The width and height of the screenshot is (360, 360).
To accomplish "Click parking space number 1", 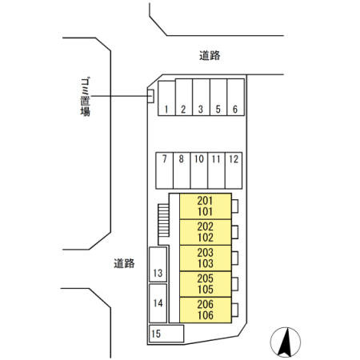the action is pyautogui.click(x=166, y=98).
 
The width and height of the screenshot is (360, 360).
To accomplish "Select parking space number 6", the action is pyautogui.click(x=236, y=97).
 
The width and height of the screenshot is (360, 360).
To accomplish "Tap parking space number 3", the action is pyautogui.click(x=202, y=97).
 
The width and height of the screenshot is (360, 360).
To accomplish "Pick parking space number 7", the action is pyautogui.click(x=165, y=170).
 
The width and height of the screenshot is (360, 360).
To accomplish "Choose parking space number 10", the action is pyautogui.click(x=199, y=170).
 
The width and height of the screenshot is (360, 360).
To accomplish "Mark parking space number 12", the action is pyautogui.click(x=234, y=170).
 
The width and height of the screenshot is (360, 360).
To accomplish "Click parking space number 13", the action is pyautogui.click(x=158, y=264).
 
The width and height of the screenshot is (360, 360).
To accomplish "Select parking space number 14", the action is pyautogui.click(x=158, y=303).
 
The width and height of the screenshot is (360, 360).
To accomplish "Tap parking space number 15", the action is pyautogui.click(x=166, y=334).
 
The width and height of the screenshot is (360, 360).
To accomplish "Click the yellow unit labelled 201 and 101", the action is pyautogui.click(x=206, y=206).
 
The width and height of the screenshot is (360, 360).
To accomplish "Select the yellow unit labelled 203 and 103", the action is pyautogui.click(x=206, y=258).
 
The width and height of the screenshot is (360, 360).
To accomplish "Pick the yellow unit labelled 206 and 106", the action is pyautogui.click(x=206, y=310).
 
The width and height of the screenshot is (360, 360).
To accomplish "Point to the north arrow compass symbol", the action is pyautogui.click(x=286, y=342).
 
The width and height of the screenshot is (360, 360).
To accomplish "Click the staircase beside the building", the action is pyautogui.click(x=163, y=221).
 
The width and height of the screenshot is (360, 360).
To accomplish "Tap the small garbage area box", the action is pyautogui.click(x=151, y=96).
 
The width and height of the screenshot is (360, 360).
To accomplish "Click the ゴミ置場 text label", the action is pyautogui.click(x=86, y=97).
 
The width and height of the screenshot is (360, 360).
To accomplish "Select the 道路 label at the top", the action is pyautogui.click(x=210, y=55).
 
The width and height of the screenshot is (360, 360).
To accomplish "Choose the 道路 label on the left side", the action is pyautogui.click(x=124, y=263).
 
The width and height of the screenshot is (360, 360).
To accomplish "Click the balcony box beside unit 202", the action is pyautogui.click(x=235, y=232).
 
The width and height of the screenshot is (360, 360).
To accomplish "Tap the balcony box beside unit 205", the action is pyautogui.click(x=235, y=284).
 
